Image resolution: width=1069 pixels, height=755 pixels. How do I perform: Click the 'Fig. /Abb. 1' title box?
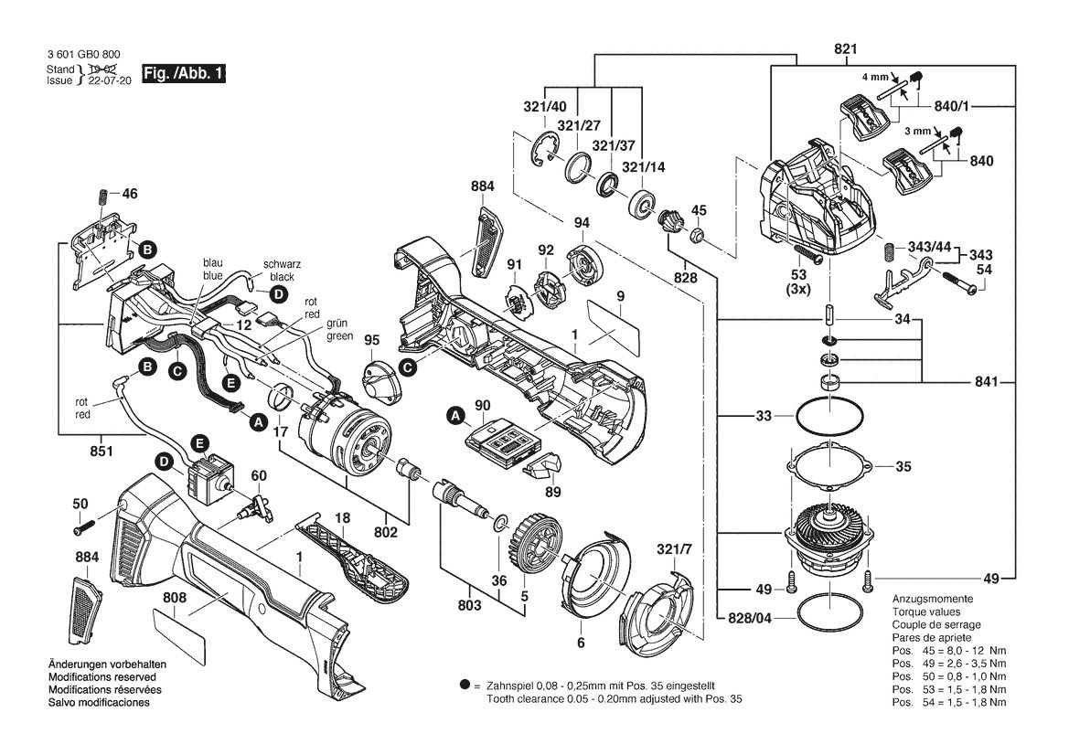(184, 74)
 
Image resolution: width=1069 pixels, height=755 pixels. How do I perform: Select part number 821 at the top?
(845, 49)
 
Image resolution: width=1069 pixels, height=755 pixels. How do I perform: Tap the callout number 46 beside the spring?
(130, 194)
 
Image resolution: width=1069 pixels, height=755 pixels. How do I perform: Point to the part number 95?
(371, 340)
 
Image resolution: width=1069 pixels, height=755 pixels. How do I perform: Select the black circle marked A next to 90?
(455, 414)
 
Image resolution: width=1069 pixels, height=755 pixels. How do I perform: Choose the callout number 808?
(175, 599)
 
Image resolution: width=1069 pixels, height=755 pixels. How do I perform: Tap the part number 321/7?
(672, 549)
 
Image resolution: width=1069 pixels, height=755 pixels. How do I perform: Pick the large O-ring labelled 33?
(829, 415)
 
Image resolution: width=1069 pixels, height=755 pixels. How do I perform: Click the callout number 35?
(903, 467)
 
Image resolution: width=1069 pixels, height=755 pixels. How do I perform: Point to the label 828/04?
(750, 618)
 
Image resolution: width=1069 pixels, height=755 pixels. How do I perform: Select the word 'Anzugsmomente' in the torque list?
(933, 599)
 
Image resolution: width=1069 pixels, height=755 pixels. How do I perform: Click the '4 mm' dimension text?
(875, 77)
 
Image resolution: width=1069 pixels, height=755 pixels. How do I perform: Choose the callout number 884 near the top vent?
(483, 186)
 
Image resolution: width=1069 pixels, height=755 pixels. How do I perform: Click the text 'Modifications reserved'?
(102, 677)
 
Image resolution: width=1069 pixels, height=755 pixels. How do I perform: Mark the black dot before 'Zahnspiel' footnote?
(465, 685)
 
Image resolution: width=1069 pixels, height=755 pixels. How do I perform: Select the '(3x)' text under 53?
(798, 289)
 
